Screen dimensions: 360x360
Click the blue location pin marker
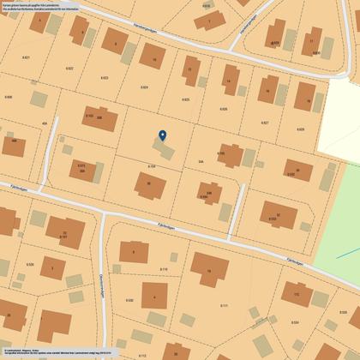[163, 136]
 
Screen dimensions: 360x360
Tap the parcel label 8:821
[26, 57]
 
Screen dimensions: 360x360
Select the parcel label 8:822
[69, 68]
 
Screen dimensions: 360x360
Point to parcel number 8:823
[105, 78]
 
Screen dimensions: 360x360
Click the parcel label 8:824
[144, 87]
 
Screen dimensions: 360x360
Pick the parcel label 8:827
[265, 122]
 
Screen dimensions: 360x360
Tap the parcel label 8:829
[301, 129]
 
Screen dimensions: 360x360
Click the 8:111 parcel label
[225, 305]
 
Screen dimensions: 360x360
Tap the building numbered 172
[296, 296]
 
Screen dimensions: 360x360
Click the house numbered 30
[148, 183]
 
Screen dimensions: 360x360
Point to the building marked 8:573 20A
[81, 168]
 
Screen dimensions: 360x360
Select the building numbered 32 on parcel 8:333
[273, 215]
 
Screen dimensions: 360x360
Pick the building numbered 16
[208, 271]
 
